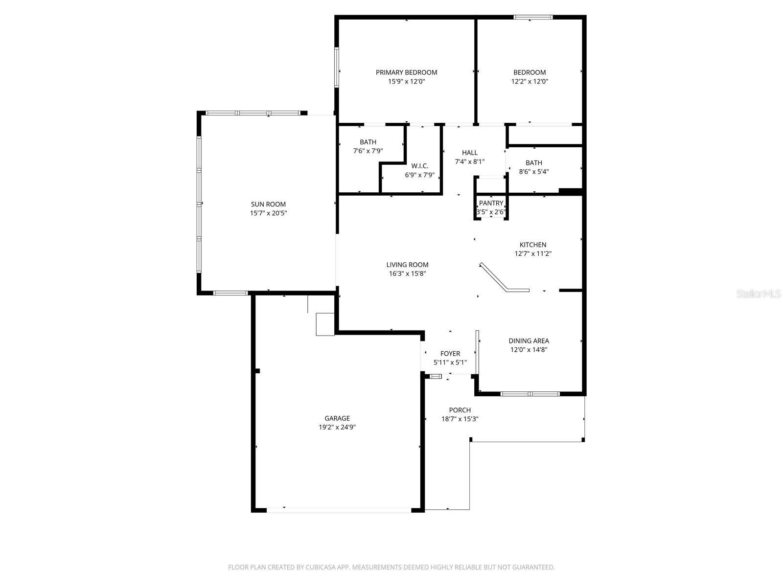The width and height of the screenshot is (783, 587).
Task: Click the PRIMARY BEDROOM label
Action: [x=406, y=72]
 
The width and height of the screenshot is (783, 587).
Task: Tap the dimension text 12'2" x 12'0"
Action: [x=530, y=82]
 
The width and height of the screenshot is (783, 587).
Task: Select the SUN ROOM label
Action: [x=268, y=204]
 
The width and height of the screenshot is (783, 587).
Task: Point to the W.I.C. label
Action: [x=419, y=166]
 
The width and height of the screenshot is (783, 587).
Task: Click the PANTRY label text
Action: [x=491, y=203]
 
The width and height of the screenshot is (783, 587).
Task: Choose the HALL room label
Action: [x=469, y=153]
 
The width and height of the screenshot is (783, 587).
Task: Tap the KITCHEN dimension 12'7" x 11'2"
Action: [x=533, y=253]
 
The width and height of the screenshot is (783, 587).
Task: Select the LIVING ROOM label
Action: [x=407, y=265]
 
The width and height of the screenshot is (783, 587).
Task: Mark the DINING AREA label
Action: [x=529, y=341]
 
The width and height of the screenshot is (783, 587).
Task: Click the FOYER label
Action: [x=450, y=354]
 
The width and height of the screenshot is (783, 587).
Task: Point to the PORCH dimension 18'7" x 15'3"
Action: [x=460, y=419]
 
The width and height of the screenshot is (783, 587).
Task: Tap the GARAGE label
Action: [x=337, y=418]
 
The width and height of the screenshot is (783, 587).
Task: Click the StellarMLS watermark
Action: [x=759, y=294]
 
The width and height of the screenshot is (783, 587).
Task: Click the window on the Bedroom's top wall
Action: [x=533, y=18]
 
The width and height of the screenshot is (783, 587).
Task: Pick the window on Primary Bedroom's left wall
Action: [x=337, y=67]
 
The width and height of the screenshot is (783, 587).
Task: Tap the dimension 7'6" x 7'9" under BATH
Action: [x=368, y=151]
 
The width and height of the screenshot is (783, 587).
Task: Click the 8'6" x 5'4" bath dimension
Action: [x=533, y=172]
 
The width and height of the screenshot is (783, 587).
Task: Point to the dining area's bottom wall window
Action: [x=530, y=393]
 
